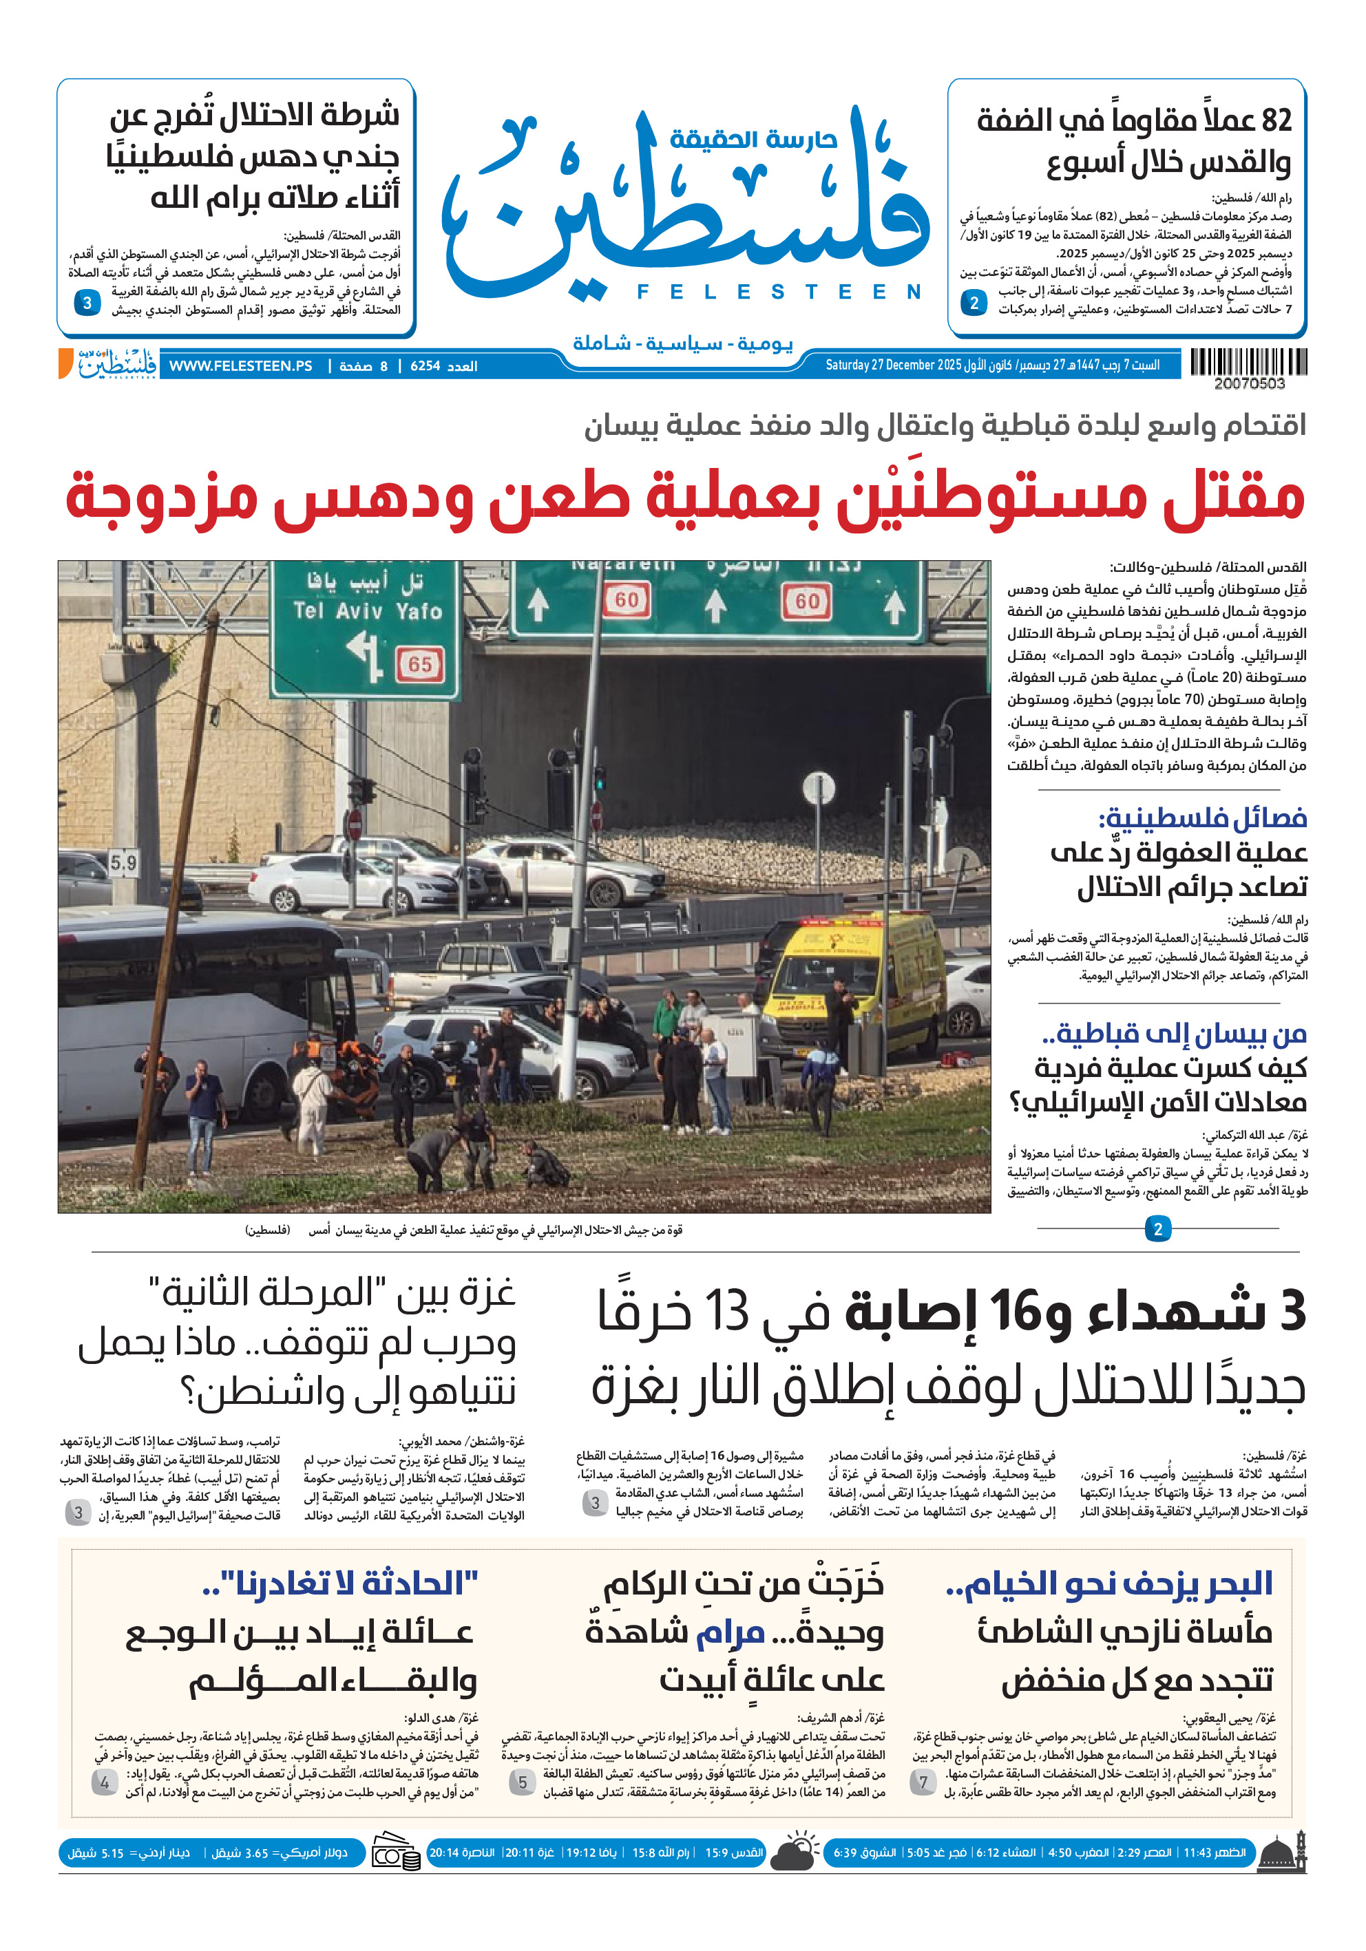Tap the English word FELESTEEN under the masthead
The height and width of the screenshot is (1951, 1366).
pyautogui.click(x=779, y=292)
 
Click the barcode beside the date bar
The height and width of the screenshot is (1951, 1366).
pyautogui.click(x=1248, y=362)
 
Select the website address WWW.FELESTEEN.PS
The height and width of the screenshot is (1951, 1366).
pyautogui.click(x=240, y=366)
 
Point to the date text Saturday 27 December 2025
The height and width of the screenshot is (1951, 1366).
pyautogui.click(x=892, y=365)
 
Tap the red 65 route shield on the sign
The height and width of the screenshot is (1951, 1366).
pyautogui.click(x=420, y=663)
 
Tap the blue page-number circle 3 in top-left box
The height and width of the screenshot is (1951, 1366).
pyautogui.click(x=87, y=303)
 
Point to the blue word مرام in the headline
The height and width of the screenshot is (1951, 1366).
pyautogui.click(x=731, y=1632)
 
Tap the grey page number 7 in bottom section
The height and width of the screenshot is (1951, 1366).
pyautogui.click(x=923, y=1782)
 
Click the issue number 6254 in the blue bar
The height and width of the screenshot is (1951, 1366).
pyautogui.click(x=425, y=366)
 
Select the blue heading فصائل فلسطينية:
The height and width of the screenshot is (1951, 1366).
pyautogui.click(x=1202, y=818)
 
